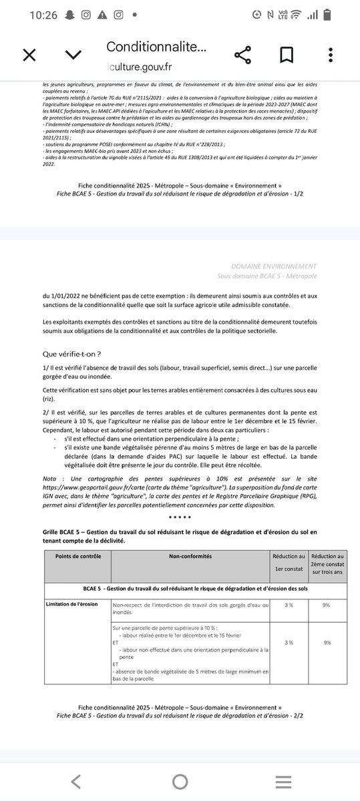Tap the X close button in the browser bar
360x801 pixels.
click(29, 55)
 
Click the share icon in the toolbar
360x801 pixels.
click(242, 55)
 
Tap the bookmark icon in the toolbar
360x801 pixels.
click(287, 55)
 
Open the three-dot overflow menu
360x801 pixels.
click(329, 55)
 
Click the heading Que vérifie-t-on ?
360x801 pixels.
click(71, 354)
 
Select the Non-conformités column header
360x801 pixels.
click(190, 555)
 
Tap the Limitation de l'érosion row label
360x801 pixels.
click(71, 604)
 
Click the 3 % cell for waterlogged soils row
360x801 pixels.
click(289, 605)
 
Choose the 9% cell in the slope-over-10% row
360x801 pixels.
click(327, 642)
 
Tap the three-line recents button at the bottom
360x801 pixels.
click(283, 781)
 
